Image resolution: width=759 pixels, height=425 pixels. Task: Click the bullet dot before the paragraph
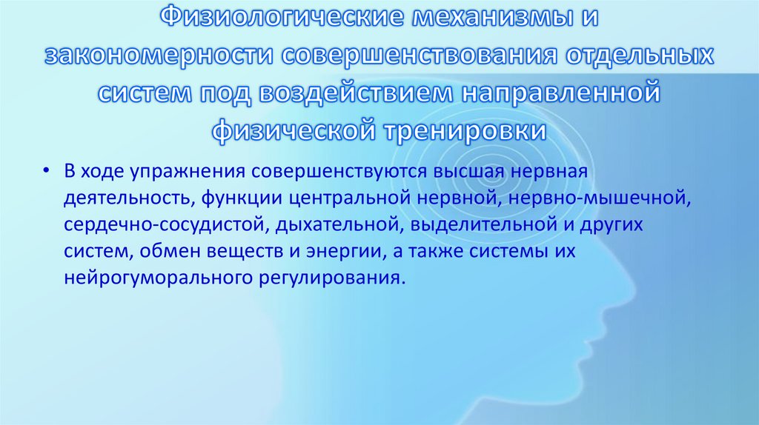point(47,172)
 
